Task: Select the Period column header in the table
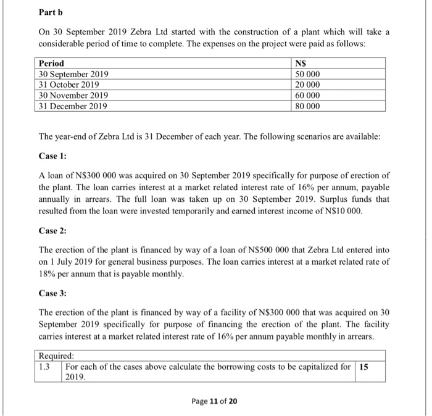point(51,64)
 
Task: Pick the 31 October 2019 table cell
point(69,85)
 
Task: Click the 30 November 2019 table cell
point(73,95)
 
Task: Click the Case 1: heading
point(52,157)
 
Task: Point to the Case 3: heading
point(52,293)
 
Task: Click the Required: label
point(56,356)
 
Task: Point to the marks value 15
point(365,366)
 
